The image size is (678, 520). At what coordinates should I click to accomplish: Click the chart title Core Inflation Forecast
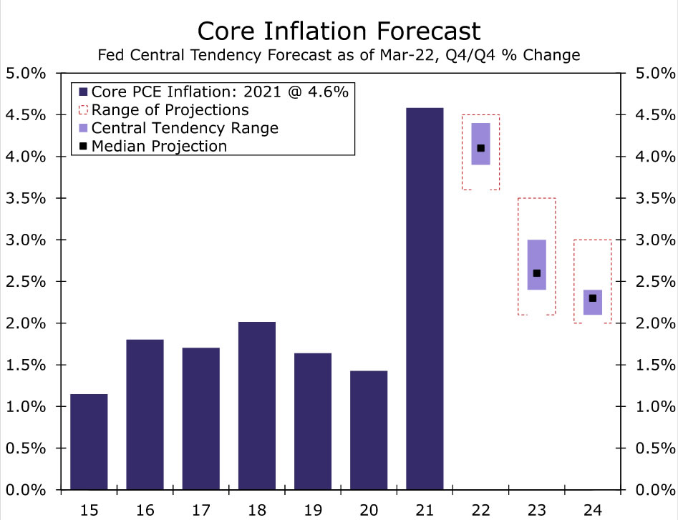[x=339, y=31]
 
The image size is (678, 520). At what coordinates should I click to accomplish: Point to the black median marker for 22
[x=480, y=148]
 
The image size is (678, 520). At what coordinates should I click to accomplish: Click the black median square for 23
[x=537, y=273]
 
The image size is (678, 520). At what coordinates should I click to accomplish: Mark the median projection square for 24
[x=592, y=298]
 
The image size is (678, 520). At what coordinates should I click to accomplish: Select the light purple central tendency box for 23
[x=537, y=254]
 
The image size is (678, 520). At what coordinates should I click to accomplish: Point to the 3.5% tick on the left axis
[x=26, y=198]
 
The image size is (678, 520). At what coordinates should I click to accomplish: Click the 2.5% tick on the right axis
[x=652, y=281]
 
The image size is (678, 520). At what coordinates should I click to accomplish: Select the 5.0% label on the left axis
[x=26, y=73]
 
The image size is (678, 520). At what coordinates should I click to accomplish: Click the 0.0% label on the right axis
[x=652, y=490]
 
